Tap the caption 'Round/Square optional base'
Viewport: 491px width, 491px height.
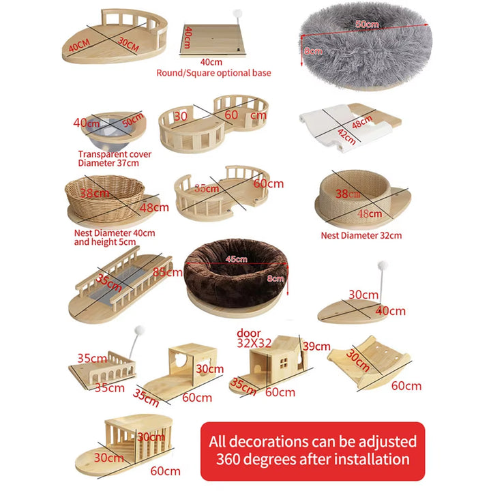click(213, 73)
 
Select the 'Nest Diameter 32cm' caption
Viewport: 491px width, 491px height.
click(361, 235)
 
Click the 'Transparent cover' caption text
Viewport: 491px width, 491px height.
click(115, 154)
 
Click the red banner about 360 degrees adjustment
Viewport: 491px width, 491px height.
click(312, 450)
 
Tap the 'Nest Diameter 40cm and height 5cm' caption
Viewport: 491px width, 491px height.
click(114, 237)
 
